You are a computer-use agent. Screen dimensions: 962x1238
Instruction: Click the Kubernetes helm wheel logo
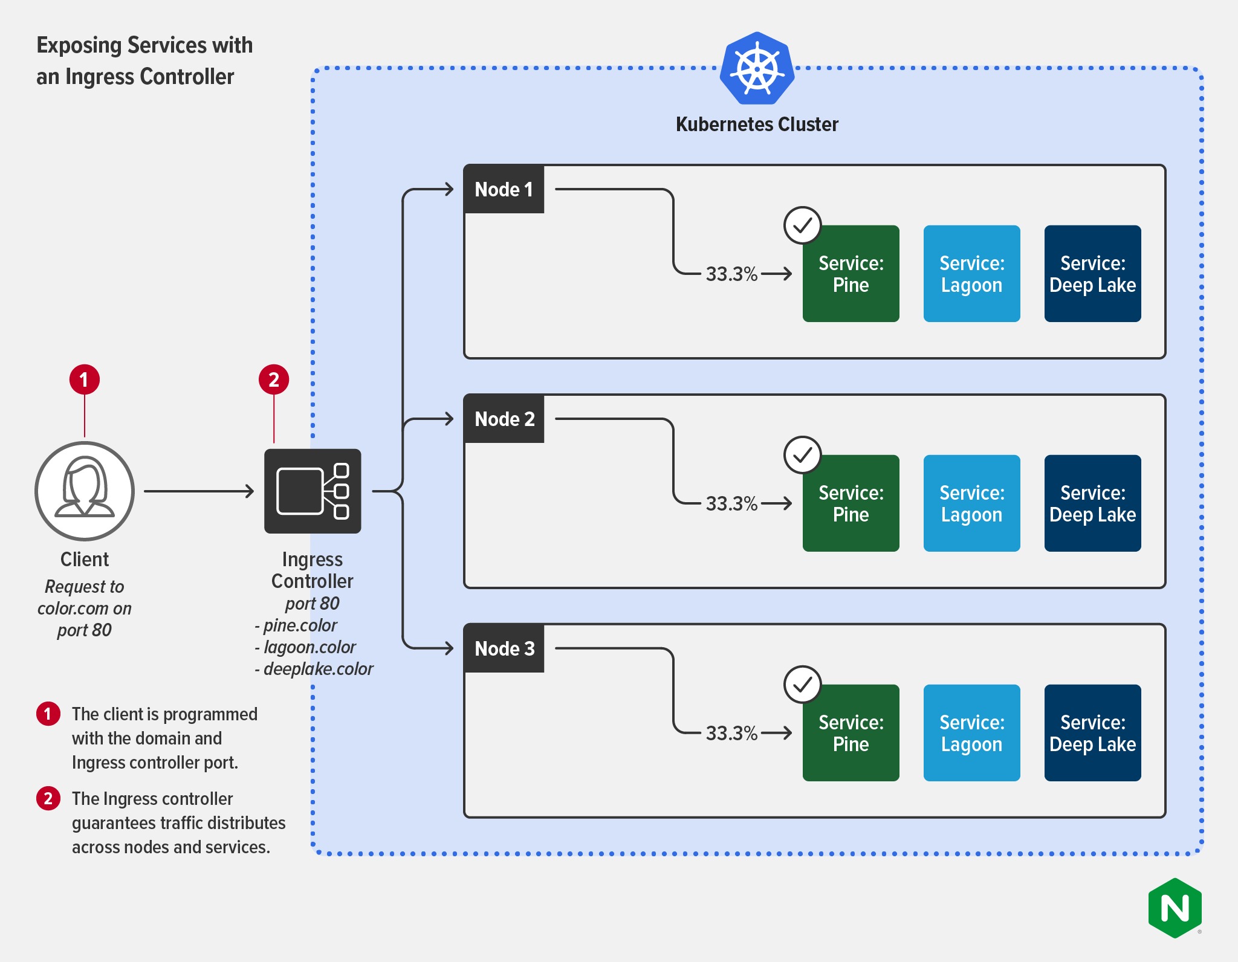tap(757, 68)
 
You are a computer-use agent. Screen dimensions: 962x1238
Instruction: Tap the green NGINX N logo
tap(1175, 908)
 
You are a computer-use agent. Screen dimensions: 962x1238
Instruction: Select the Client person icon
tap(85, 491)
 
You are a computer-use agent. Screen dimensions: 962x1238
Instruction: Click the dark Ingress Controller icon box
tap(313, 491)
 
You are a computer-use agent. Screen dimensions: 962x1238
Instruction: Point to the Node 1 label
tap(504, 189)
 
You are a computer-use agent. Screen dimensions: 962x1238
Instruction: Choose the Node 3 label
tap(504, 648)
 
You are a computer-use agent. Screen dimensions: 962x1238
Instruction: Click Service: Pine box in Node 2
tap(851, 503)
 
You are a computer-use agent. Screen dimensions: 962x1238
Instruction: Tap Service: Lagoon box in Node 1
tap(971, 274)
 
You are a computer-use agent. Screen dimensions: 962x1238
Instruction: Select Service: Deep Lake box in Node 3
tap(1092, 733)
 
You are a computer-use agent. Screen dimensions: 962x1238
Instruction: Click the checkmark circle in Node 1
tap(802, 225)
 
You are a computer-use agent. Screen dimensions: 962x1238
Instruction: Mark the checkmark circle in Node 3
tap(802, 685)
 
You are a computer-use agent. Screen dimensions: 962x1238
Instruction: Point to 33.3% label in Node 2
tap(731, 503)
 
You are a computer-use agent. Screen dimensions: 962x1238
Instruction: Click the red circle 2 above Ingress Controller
tap(274, 379)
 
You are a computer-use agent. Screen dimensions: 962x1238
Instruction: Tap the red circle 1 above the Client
tap(85, 379)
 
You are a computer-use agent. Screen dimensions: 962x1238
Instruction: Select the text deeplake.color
tap(318, 669)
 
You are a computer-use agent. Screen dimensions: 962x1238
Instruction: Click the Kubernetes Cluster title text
tap(757, 124)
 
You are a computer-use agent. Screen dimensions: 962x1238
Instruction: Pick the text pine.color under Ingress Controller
tap(300, 625)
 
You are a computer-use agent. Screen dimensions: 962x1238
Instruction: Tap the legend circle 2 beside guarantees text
tap(48, 798)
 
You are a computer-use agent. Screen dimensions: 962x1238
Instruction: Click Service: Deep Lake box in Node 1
tap(1092, 274)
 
